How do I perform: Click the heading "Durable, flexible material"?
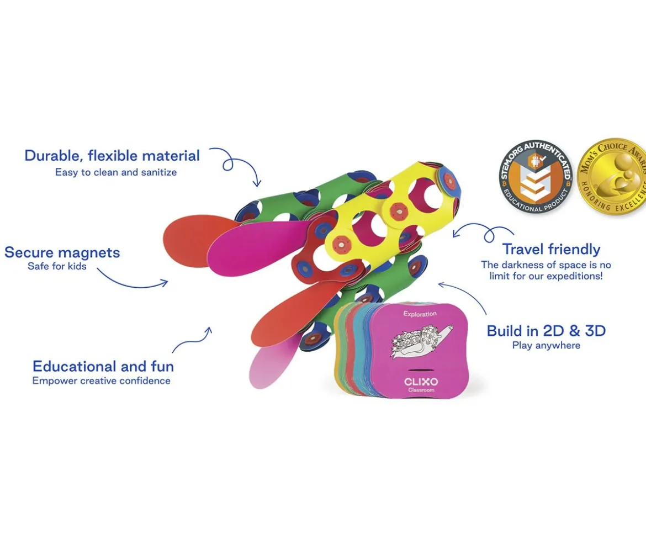click(x=112, y=156)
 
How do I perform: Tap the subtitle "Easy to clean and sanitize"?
click(x=116, y=172)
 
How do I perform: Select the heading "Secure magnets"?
click(x=62, y=252)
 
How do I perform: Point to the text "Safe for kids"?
click(x=57, y=266)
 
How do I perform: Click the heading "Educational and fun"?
click(x=103, y=366)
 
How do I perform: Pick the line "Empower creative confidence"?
click(x=102, y=381)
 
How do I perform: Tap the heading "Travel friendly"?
click(x=551, y=249)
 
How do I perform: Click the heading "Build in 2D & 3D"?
click(x=546, y=331)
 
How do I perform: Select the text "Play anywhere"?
click(x=546, y=345)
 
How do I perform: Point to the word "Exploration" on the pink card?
click(x=420, y=314)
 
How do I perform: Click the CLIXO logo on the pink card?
click(x=421, y=382)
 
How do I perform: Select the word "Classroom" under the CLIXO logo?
click(x=421, y=390)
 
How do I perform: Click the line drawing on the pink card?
click(x=421, y=340)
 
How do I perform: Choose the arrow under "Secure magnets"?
click(x=132, y=284)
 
